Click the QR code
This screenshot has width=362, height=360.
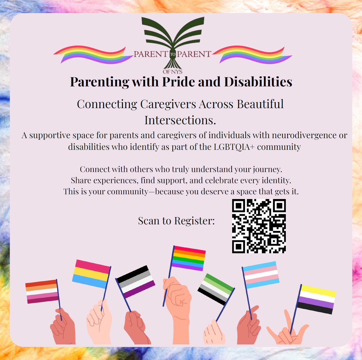pyautogui.click(x=259, y=226)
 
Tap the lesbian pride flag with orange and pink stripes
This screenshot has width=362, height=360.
pyautogui.click(x=42, y=291)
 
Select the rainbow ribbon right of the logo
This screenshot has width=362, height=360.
pyautogui.click(x=252, y=54)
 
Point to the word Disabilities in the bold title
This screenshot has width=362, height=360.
pyautogui.click(x=258, y=82)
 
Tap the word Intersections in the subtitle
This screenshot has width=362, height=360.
pyautogui.click(x=180, y=120)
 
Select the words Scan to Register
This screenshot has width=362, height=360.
pyautogui.click(x=176, y=220)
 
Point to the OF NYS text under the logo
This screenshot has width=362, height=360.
pyautogui.click(x=172, y=72)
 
